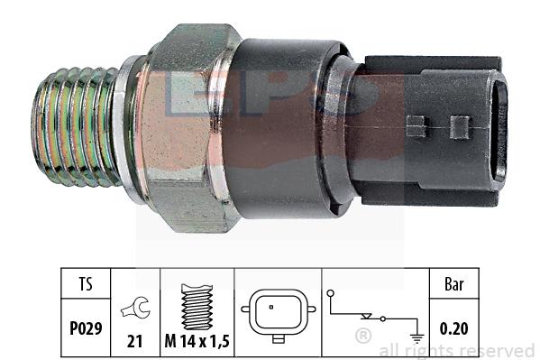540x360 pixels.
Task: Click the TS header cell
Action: pos(86,283)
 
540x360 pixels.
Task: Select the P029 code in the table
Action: pos(86,328)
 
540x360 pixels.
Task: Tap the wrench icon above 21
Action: pos(136,308)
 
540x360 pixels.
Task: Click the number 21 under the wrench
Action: pos(134,341)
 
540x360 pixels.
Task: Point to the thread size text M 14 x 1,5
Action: pos(197,341)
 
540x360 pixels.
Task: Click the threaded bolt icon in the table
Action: pos(197,307)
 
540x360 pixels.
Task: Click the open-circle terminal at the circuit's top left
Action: pos(331,293)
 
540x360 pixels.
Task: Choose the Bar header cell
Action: pos(453,284)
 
